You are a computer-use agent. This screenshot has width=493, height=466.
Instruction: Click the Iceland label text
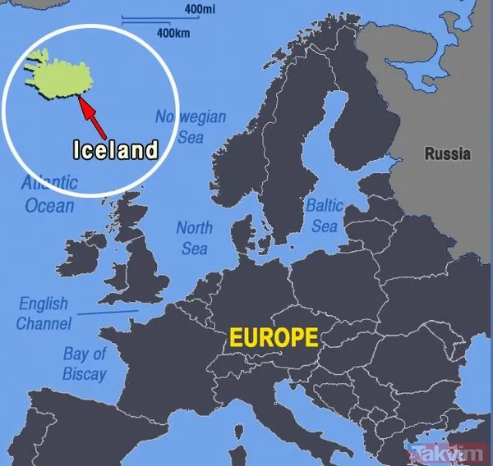pos(115,150)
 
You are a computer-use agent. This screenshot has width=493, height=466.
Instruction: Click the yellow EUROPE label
pos(273,337)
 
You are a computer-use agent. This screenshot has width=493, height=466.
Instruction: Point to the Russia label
pos(448,153)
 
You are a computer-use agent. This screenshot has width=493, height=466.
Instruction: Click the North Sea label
pos(194,237)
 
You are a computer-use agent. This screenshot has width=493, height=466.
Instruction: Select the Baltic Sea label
pos(324,215)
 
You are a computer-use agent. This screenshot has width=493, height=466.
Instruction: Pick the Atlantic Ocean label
pos(49,194)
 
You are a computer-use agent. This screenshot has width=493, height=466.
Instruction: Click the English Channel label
pos(44,313)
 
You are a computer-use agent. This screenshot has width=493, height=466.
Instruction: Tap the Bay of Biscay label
pos(85,364)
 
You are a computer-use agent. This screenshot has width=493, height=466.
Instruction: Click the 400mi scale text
pos(200,9)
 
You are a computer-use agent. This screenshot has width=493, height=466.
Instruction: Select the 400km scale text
pos(172,34)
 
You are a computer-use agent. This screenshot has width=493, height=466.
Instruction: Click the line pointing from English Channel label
pos(107,312)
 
